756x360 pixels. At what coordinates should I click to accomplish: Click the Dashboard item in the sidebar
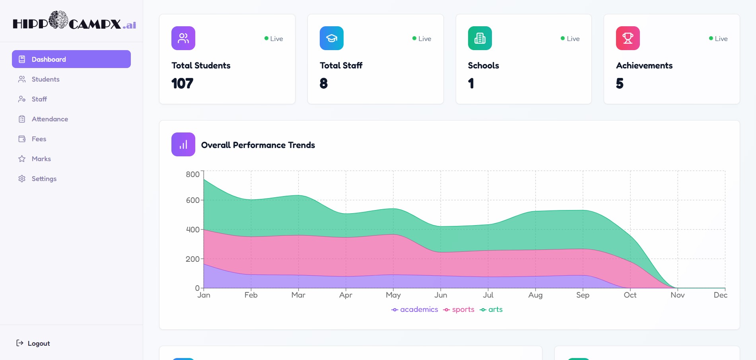tap(71, 59)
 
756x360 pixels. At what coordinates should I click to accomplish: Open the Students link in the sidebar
tap(45, 79)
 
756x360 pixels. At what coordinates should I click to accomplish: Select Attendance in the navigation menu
tap(50, 119)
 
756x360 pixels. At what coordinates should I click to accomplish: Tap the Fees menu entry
tap(39, 139)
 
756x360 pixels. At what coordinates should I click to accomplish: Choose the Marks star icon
tap(22, 159)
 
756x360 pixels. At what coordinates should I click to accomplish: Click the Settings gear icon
tap(22, 179)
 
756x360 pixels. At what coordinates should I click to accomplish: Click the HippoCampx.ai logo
tap(74, 21)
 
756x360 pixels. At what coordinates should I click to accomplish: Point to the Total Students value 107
tap(182, 84)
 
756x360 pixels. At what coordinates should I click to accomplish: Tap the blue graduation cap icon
tap(331, 38)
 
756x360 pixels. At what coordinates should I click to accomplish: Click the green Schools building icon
tap(480, 38)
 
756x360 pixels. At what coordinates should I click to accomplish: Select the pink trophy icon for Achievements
tap(628, 38)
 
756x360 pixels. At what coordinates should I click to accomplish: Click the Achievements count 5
tap(620, 84)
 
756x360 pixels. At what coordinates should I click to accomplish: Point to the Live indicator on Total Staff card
tap(422, 39)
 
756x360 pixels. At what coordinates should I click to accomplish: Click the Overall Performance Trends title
tap(258, 145)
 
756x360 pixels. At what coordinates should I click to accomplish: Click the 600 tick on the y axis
tap(192, 200)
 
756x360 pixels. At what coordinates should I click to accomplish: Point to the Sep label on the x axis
tap(583, 295)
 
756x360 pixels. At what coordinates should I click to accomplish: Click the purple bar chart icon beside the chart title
tap(183, 144)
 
